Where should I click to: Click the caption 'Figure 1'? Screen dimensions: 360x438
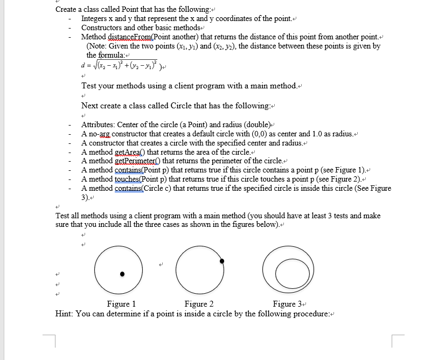point(121,304)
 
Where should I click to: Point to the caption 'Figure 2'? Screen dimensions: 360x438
point(199,304)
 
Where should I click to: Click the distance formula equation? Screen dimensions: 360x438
point(113,67)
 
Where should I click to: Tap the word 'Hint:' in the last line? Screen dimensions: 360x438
point(65,314)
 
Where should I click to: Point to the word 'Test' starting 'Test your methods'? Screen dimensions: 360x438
point(90,86)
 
